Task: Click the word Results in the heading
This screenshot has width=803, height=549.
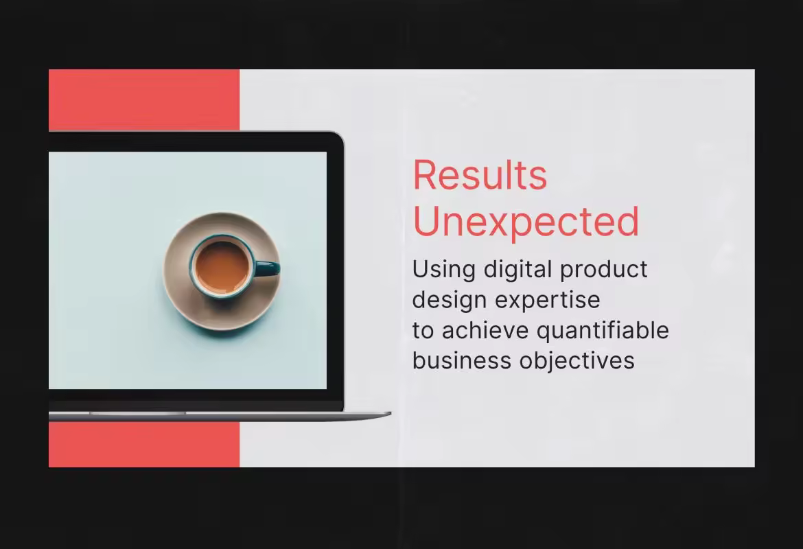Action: point(480,175)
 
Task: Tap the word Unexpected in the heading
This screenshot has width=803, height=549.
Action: point(526,222)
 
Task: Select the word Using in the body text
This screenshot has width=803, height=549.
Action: point(444,270)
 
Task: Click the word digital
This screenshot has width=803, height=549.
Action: point(517,270)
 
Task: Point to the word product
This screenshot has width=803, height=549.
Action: point(604,270)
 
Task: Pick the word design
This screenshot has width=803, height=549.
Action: point(449,300)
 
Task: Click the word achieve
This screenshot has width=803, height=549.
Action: point(485,330)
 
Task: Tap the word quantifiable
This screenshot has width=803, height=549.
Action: point(603,331)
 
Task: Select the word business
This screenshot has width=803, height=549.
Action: point(462,360)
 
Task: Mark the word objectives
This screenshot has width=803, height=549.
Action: point(577,361)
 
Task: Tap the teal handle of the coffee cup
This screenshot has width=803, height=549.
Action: point(267,268)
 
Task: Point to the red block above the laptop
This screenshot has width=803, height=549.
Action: point(144,100)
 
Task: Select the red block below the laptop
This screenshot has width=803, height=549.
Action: point(144,445)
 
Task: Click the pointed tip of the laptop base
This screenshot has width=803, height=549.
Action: point(391,412)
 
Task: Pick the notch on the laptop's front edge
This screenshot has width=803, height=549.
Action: point(137,412)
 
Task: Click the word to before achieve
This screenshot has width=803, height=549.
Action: point(423,331)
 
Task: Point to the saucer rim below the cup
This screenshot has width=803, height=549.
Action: point(222,318)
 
